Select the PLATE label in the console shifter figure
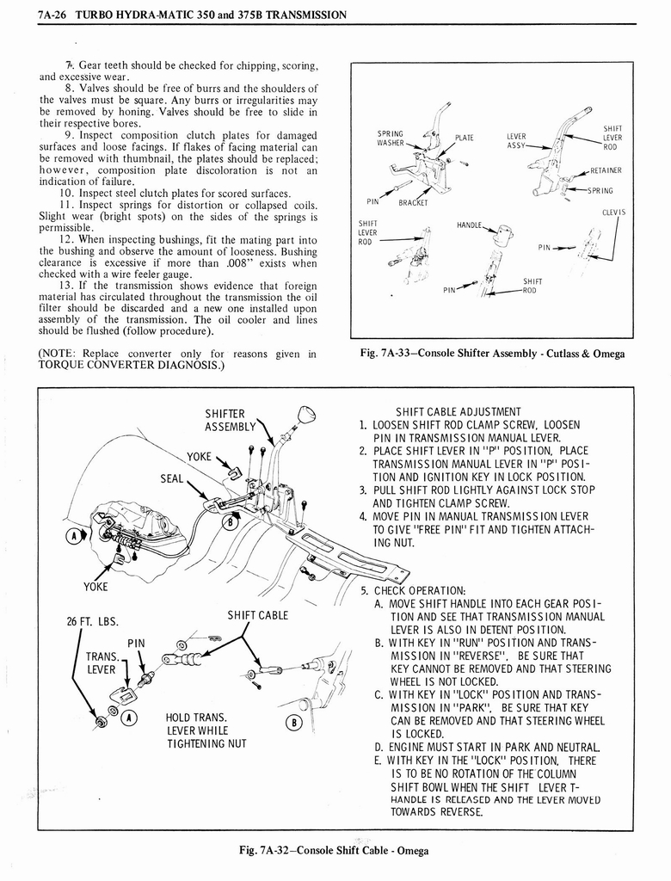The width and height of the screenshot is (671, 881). click(465, 137)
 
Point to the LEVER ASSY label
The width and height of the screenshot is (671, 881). click(516, 141)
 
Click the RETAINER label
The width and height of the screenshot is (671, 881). click(606, 170)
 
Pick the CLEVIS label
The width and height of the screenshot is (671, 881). click(613, 213)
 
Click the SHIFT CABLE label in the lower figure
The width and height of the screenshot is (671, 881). click(256, 615)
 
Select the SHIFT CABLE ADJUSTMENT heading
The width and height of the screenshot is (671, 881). click(458, 411)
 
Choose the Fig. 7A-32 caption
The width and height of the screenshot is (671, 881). click(335, 851)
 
